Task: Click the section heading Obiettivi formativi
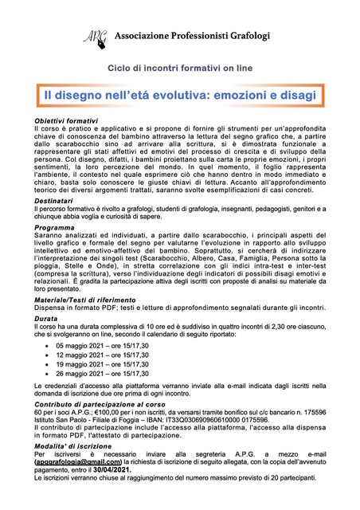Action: pos(66,120)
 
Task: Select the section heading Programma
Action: pos(55,227)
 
